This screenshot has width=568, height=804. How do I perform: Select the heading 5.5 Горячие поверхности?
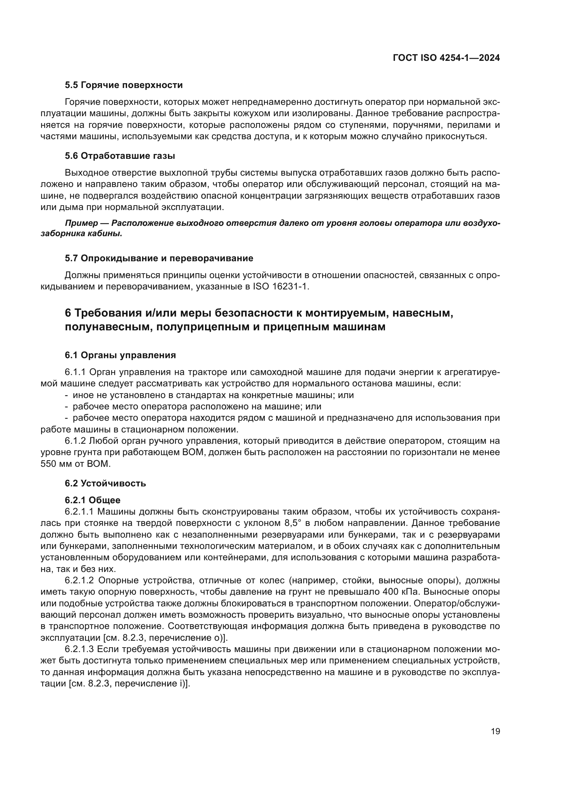click(x=124, y=85)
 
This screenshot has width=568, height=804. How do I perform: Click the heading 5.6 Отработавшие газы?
click(x=120, y=156)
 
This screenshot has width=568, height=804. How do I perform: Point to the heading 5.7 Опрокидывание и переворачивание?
click(x=159, y=258)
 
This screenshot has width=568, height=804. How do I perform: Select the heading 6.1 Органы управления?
click(x=120, y=355)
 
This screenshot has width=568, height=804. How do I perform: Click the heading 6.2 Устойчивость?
click(x=105, y=484)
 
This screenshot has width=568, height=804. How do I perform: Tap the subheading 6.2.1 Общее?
click(x=92, y=500)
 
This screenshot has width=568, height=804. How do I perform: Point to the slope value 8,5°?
click(x=292, y=523)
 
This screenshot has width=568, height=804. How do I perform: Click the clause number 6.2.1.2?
click(x=79, y=581)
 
